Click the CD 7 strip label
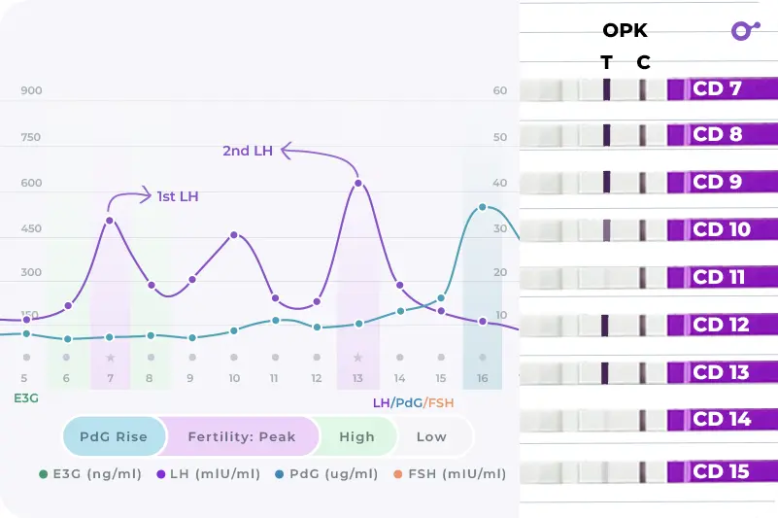click(718, 89)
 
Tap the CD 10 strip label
click(722, 230)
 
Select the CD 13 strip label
click(722, 372)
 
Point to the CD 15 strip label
click(722, 471)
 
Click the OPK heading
click(625, 31)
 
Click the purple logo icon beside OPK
click(744, 30)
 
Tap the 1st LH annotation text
click(178, 196)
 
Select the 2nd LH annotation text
click(248, 151)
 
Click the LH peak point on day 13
click(358, 183)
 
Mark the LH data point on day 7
click(110, 220)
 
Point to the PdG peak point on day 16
click(482, 207)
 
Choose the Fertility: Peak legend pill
click(241, 436)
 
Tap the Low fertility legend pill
click(431, 436)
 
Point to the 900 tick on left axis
click(31, 90)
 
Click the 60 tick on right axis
click(500, 90)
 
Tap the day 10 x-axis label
click(234, 378)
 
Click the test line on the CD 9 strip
click(606, 182)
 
